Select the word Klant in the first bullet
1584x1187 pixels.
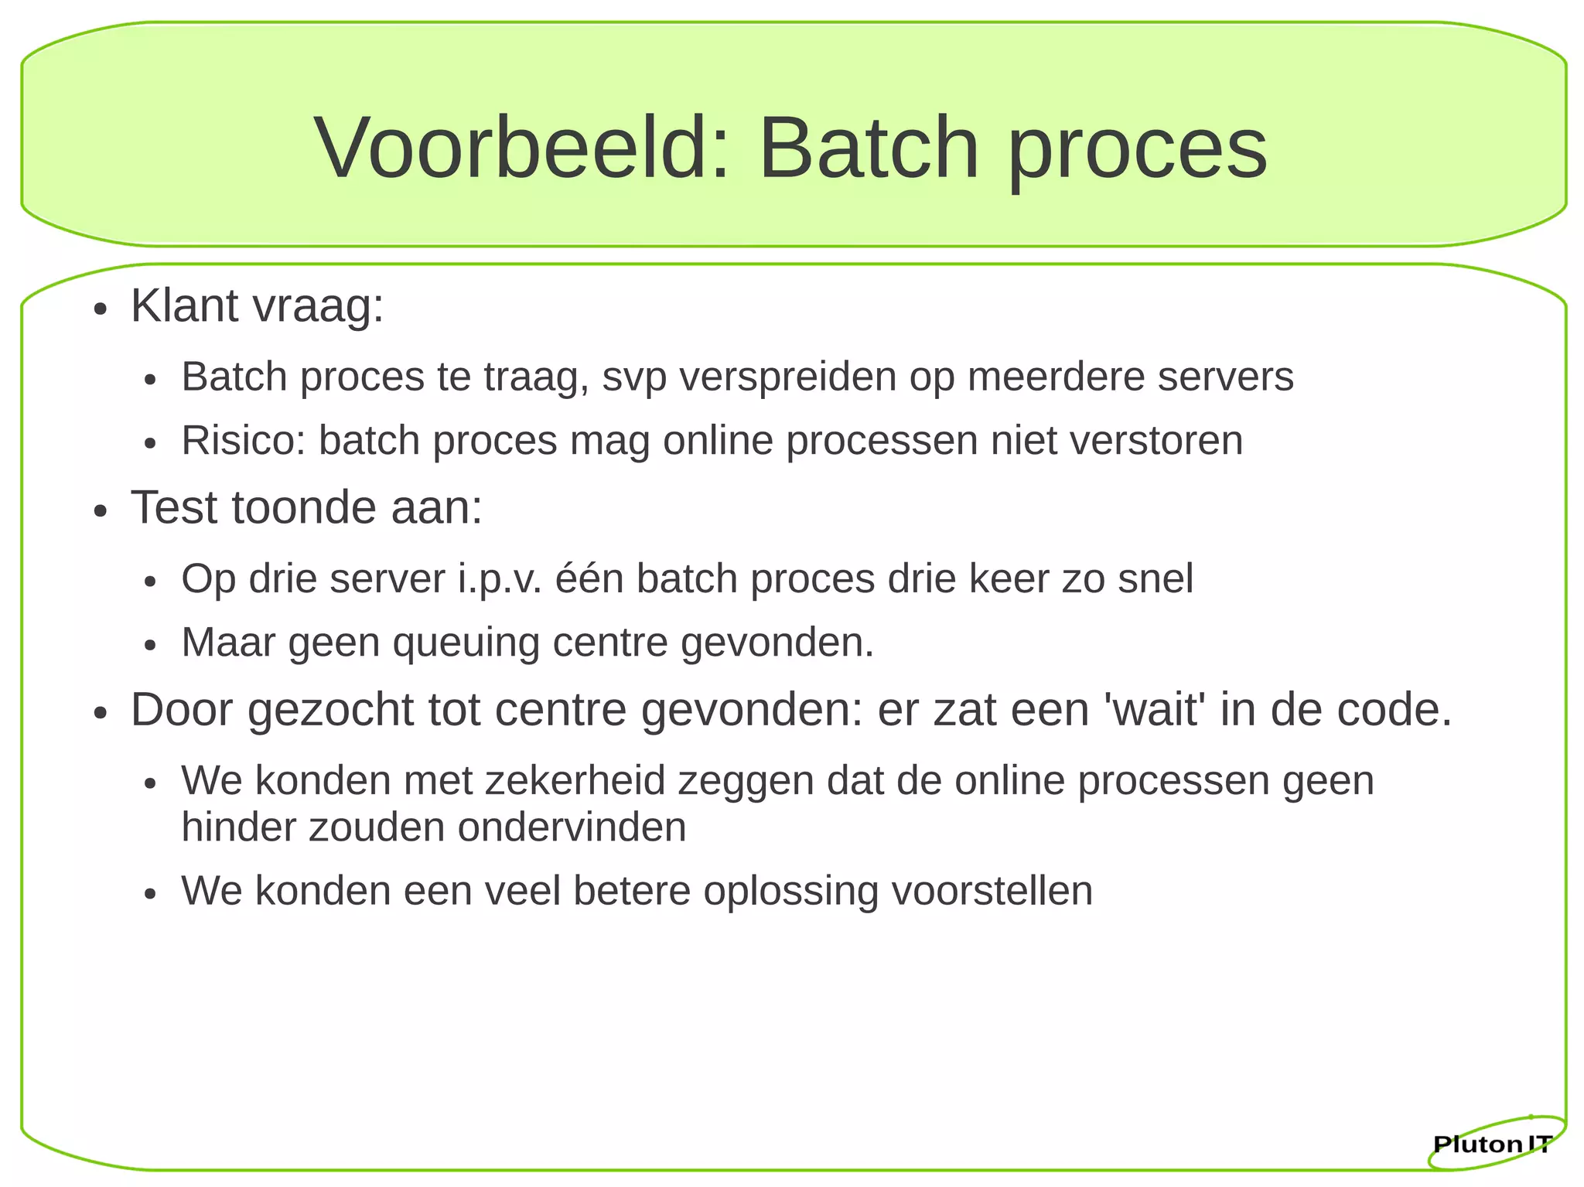[x=184, y=305]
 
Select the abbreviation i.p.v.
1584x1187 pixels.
[x=500, y=578]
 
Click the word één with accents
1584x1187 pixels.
[x=589, y=578]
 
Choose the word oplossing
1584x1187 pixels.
[x=790, y=891]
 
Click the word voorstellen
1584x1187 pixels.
[x=992, y=891]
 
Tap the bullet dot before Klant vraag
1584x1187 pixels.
[x=99, y=310]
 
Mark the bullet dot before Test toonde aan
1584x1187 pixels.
[x=99, y=512]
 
